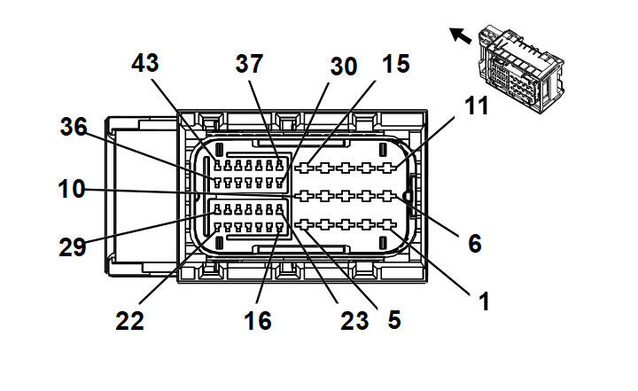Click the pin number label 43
click(x=144, y=64)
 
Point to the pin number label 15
click(x=395, y=64)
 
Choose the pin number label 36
click(x=74, y=127)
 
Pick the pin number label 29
click(x=74, y=247)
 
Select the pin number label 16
click(x=258, y=319)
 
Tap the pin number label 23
click(x=354, y=319)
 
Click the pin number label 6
click(x=475, y=242)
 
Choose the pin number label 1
click(x=484, y=301)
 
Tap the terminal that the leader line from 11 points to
click(x=386, y=167)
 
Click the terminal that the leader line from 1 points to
click(x=386, y=224)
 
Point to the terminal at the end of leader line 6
click(x=386, y=195)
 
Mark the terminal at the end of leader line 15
click(x=307, y=167)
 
